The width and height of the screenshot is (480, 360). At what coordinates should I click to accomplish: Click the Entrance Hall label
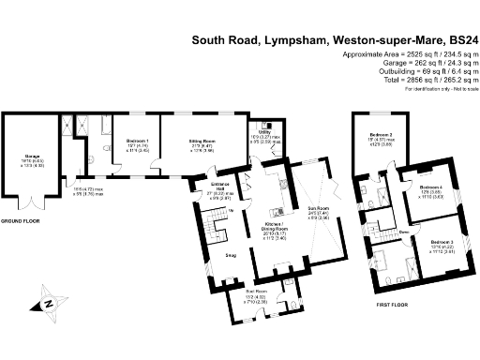click(x=221, y=185)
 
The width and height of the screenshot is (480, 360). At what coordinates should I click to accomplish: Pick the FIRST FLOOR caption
click(x=373, y=305)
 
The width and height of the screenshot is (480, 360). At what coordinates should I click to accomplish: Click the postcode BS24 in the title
click(x=459, y=41)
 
